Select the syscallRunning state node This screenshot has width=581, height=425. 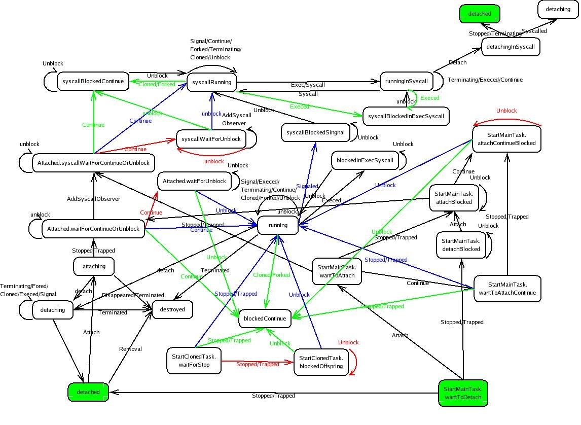click(211, 82)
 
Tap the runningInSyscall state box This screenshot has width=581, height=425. click(407, 82)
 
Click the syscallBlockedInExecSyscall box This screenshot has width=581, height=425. click(406, 116)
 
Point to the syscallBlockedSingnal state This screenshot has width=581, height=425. click(315, 132)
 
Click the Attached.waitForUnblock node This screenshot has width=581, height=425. click(195, 181)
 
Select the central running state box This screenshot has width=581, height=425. click(278, 225)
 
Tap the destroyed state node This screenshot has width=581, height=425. click(172, 309)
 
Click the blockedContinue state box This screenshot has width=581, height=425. click(265, 318)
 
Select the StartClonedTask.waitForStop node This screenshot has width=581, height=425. click(194, 361)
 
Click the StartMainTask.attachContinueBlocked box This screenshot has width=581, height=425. click(506, 139)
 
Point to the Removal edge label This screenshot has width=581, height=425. click(130, 349)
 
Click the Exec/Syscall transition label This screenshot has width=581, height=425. click(308, 85)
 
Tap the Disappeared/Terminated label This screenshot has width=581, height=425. click(133, 295)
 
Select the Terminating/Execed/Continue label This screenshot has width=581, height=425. click(485, 80)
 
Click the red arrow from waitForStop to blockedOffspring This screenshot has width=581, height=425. click(258, 363)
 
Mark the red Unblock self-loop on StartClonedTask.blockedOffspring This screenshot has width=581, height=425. click(354, 362)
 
